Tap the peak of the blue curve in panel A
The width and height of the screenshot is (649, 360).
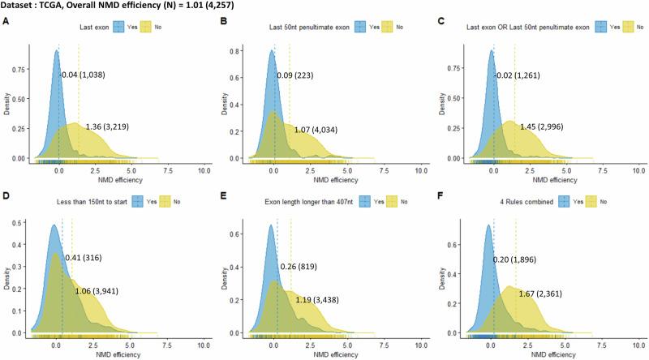tap(57, 50)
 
